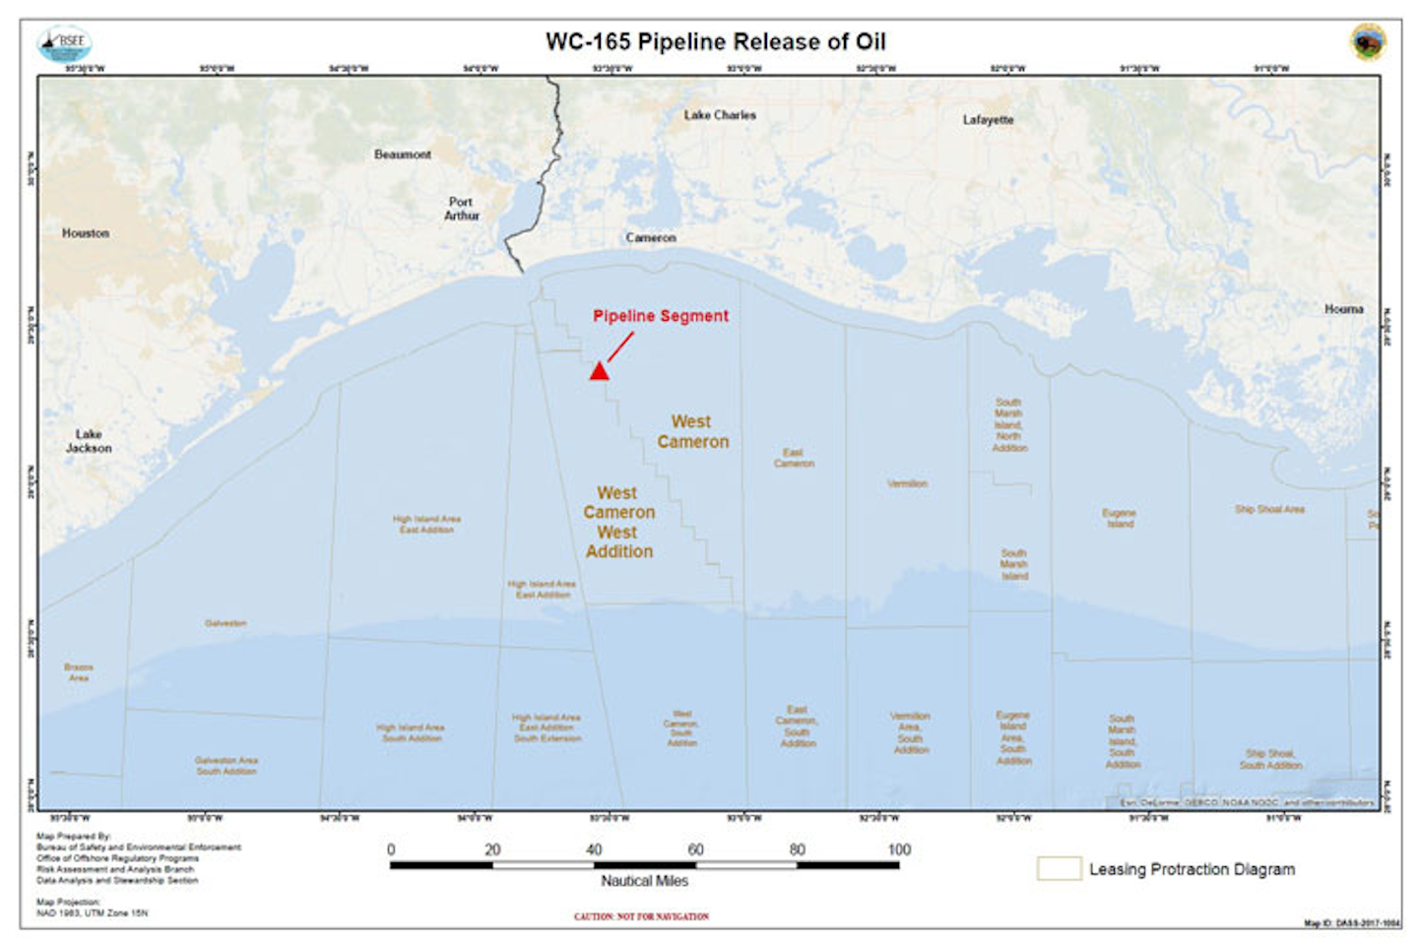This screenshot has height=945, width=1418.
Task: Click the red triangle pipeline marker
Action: point(599,371)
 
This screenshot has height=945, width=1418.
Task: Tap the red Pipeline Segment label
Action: point(661,316)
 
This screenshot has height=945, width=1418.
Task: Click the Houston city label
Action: point(86,233)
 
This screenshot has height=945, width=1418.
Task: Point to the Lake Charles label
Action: point(720,115)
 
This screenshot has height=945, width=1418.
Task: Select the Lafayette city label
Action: point(988,120)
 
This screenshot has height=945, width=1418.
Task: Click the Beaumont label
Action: point(402,155)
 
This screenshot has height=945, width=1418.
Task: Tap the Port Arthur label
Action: point(461,209)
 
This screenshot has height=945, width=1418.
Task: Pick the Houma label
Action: point(1343,309)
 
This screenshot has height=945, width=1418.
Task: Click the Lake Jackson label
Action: point(89,441)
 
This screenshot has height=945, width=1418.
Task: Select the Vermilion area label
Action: point(907,484)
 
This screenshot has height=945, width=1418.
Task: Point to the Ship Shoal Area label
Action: point(1269,509)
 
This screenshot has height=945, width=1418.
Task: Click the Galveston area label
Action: point(226,623)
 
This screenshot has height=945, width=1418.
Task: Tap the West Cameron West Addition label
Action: point(618,523)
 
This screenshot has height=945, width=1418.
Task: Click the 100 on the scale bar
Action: point(899,850)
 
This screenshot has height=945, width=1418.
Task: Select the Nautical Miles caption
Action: point(645,881)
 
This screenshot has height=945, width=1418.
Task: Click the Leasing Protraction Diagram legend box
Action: point(1059,868)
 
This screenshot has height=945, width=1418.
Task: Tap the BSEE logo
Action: point(65,44)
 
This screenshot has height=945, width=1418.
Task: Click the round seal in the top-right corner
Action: point(1368,42)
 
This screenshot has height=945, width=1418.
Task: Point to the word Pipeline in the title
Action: point(678,42)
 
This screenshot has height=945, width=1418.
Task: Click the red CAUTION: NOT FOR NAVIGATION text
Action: point(641,916)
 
